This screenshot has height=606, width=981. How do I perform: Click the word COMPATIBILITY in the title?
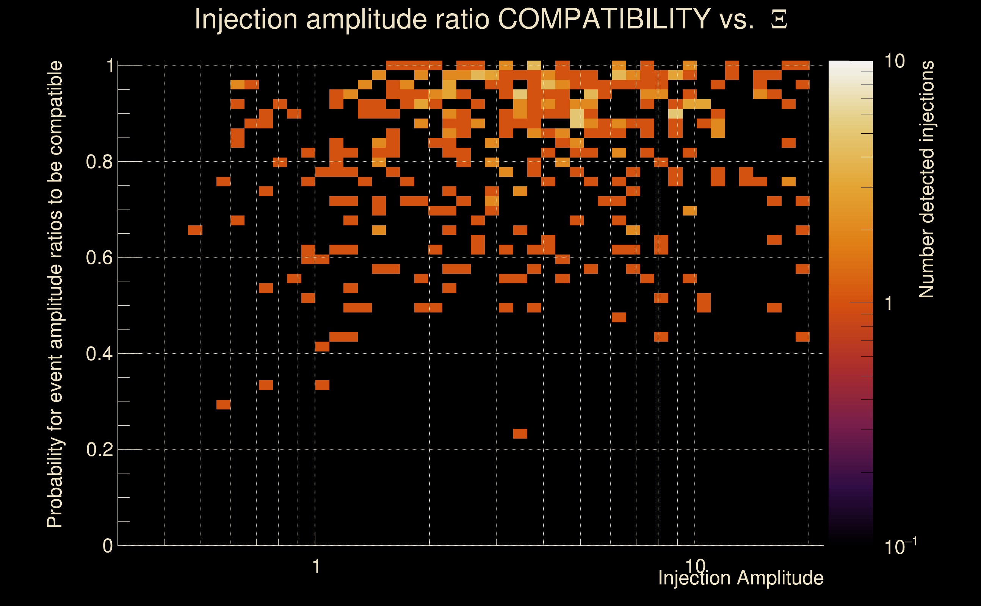604,19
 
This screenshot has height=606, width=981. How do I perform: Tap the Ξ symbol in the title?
779,20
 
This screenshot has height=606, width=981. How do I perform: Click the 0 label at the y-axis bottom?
108,545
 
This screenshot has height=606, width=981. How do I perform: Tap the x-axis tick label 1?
316,566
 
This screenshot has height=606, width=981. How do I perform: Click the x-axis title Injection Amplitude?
741,578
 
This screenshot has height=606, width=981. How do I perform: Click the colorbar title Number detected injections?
926,179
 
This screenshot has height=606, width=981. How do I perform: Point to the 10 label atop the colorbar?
894,61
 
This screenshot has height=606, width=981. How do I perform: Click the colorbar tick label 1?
889,303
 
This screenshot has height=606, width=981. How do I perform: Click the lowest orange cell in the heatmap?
520,433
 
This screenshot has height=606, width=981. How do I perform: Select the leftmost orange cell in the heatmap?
195,230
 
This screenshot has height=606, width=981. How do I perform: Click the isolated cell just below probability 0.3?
223,405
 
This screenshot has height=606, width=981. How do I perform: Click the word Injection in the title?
246,19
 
